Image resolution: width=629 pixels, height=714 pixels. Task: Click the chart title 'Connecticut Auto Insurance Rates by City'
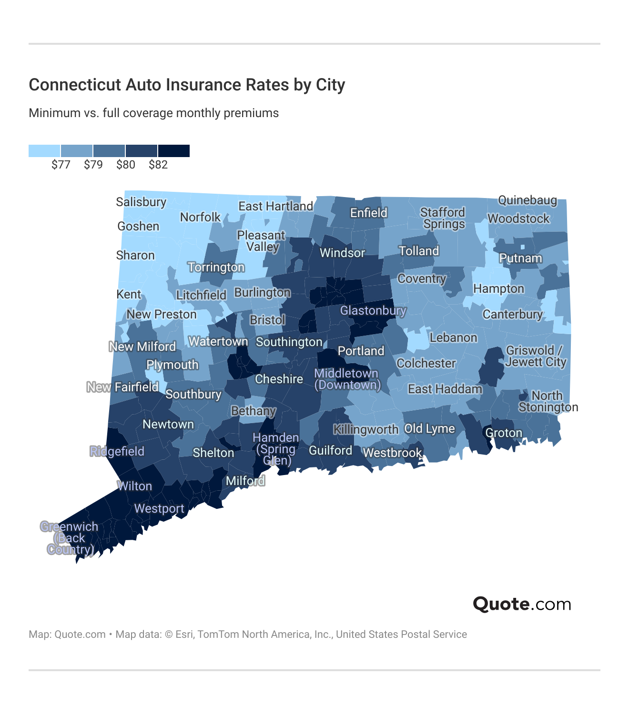point(187,85)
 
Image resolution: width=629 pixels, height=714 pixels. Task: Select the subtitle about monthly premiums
point(153,113)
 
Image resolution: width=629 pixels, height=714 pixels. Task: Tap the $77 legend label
point(61,165)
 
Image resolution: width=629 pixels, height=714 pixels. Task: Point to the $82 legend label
point(158,165)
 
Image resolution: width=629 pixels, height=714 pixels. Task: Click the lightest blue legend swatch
point(44,151)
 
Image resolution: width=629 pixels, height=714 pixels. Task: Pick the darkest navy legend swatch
point(174,151)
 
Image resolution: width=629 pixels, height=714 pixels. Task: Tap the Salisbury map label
point(141,202)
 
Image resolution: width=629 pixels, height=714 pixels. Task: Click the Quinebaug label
point(527,200)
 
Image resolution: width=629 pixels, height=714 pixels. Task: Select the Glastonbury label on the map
point(373,311)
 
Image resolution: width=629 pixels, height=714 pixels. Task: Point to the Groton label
point(504,433)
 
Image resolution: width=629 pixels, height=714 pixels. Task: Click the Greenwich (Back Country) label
point(70,538)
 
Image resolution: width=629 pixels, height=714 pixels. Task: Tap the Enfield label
point(369,213)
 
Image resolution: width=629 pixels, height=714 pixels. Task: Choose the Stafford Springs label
point(443,218)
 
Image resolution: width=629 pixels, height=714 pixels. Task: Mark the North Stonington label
point(548,401)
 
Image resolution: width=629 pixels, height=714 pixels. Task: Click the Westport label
point(159,508)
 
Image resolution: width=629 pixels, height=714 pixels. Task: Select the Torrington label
point(216,267)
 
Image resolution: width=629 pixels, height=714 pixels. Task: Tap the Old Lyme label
point(429,428)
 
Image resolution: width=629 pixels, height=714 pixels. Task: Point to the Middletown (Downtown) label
point(347,379)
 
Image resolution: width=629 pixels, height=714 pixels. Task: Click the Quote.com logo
point(522,604)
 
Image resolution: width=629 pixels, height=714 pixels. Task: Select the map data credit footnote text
point(248,635)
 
